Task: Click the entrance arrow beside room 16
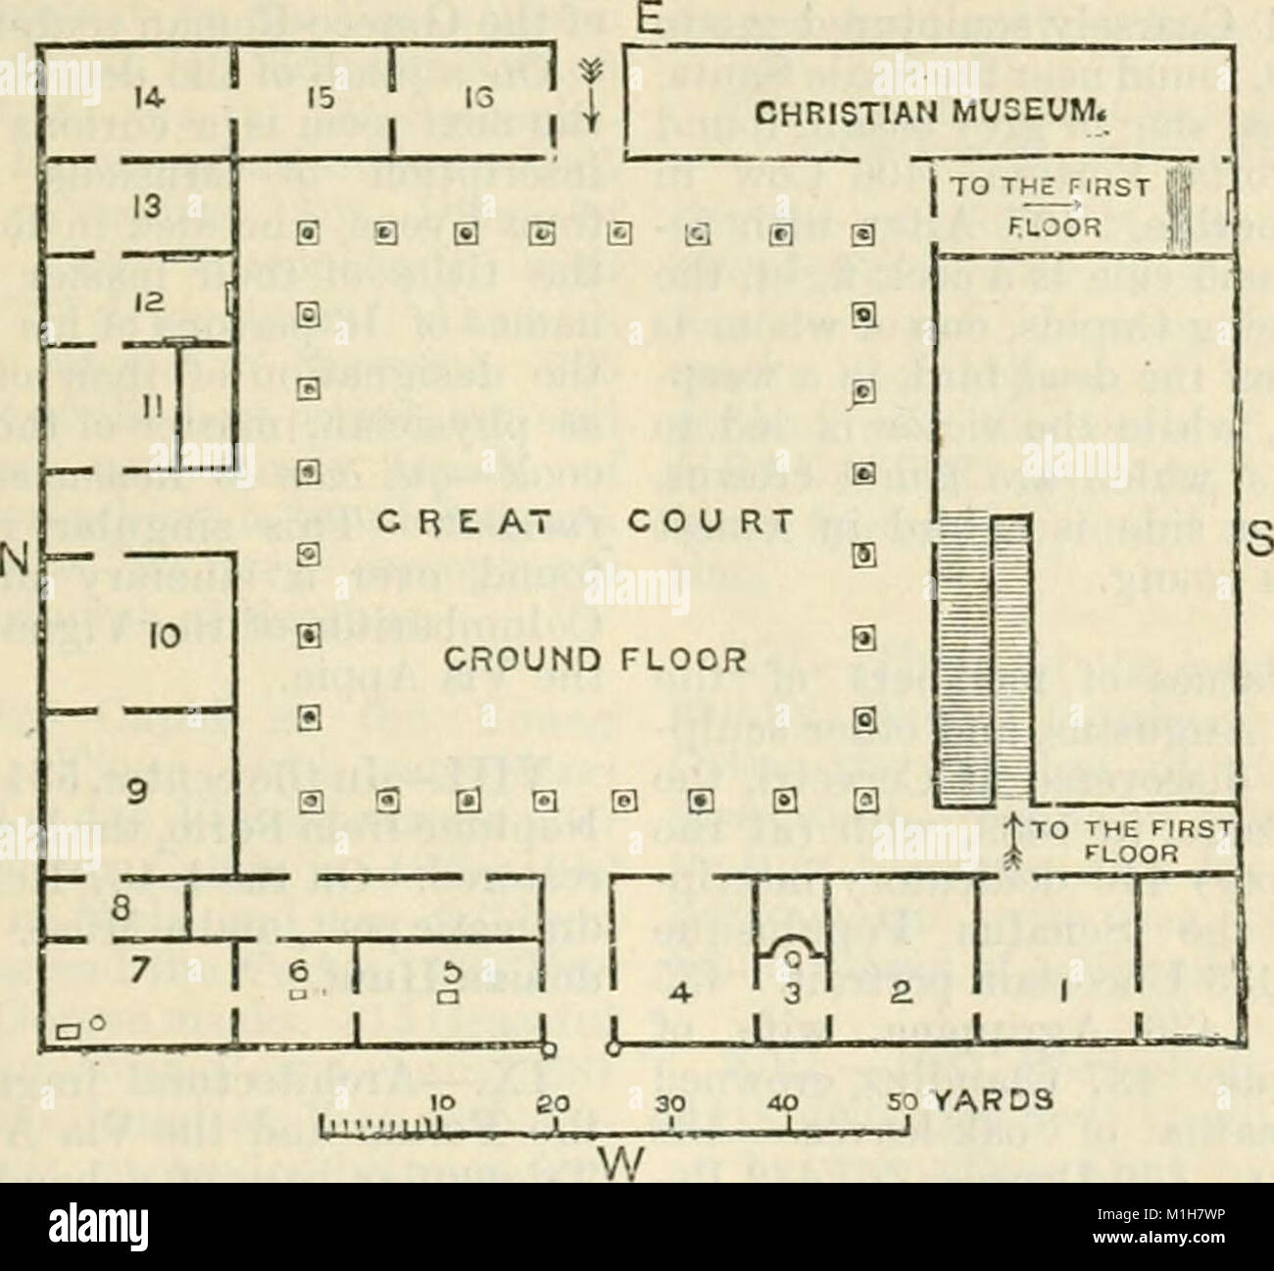click(x=590, y=97)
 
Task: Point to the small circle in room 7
click(x=96, y=1023)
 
